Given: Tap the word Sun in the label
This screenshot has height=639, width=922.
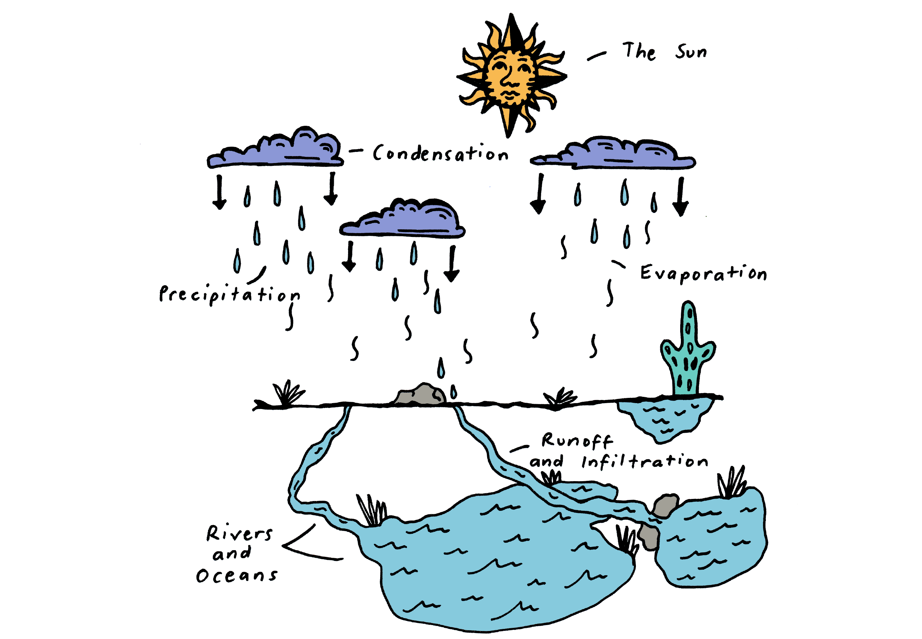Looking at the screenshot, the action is [x=691, y=52].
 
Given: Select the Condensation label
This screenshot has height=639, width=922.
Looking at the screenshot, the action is [x=440, y=153].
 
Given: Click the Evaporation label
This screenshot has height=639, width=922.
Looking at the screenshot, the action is [x=704, y=273].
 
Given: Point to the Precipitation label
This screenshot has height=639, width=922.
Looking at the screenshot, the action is [x=229, y=295].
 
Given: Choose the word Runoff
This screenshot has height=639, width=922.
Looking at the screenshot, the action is [x=577, y=440].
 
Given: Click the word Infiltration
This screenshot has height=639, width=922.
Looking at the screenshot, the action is [x=645, y=461].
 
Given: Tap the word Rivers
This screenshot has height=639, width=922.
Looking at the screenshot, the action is [x=239, y=533].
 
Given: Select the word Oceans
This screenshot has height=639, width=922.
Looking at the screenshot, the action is [x=236, y=575].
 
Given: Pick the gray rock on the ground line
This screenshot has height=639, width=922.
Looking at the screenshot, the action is [x=420, y=394].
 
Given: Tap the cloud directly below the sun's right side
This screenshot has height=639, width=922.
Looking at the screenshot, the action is [x=613, y=153].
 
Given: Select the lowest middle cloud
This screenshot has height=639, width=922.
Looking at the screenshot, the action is [x=402, y=218].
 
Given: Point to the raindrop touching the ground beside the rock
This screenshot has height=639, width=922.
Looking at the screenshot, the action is [x=454, y=392].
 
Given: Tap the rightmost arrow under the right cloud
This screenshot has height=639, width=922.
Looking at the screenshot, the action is [x=681, y=197].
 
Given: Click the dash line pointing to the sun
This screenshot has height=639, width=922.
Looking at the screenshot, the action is [x=597, y=56].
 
